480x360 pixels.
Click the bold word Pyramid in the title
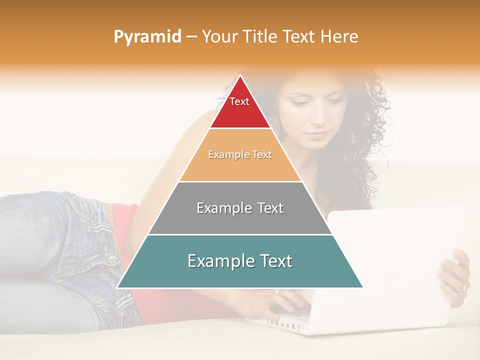tap(147, 37)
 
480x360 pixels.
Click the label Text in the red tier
tap(239, 101)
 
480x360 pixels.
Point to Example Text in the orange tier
tap(240, 154)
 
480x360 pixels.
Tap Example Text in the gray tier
tap(240, 208)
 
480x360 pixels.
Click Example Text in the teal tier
tap(240, 261)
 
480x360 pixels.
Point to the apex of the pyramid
tap(240, 76)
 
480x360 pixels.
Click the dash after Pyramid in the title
tap(190, 37)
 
